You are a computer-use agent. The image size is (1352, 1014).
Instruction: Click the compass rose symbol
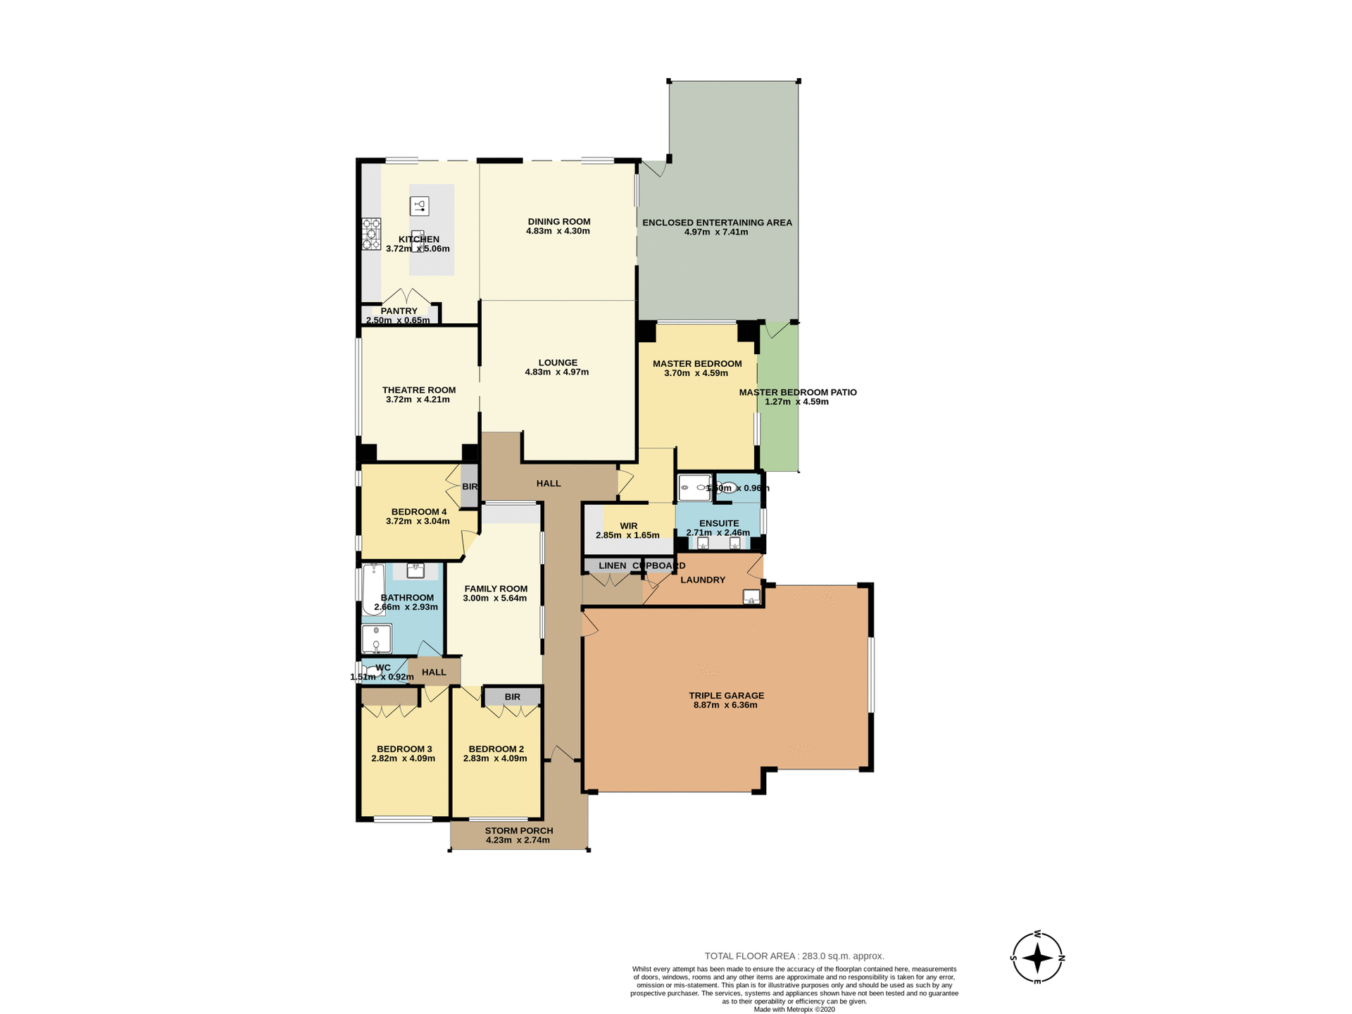pos(1037,958)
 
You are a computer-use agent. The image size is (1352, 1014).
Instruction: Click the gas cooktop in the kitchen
pos(371,234)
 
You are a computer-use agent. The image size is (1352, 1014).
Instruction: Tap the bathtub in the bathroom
pos(373,588)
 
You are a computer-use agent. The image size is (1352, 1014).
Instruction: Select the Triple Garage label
pos(726,696)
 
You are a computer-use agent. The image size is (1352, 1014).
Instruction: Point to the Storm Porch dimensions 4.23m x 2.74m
pos(518,840)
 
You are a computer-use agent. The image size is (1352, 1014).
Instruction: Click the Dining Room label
pos(558,222)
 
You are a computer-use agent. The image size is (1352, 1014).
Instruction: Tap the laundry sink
pos(751,597)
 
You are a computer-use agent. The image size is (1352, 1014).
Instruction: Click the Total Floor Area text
pos(794,956)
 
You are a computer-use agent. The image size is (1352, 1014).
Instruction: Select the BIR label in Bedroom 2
pos(512,697)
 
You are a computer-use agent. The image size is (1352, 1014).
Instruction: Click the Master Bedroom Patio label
pos(797,392)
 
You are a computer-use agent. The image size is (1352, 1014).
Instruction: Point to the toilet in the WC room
pos(372,671)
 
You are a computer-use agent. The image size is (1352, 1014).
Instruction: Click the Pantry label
pos(399,311)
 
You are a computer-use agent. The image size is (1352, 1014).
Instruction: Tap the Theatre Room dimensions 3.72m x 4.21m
pos(418,399)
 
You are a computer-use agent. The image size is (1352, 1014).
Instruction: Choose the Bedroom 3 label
pos(404,749)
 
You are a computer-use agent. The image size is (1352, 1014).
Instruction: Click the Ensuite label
pos(718,523)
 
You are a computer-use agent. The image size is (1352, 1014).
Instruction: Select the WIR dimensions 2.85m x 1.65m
pos(627,535)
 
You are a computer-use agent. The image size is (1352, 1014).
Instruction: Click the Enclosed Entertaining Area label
pos(717,223)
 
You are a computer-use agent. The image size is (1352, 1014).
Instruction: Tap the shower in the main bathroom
pos(376,639)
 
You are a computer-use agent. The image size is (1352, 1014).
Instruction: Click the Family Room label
pos(496,589)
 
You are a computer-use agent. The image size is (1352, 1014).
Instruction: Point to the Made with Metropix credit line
pos(794,1009)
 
